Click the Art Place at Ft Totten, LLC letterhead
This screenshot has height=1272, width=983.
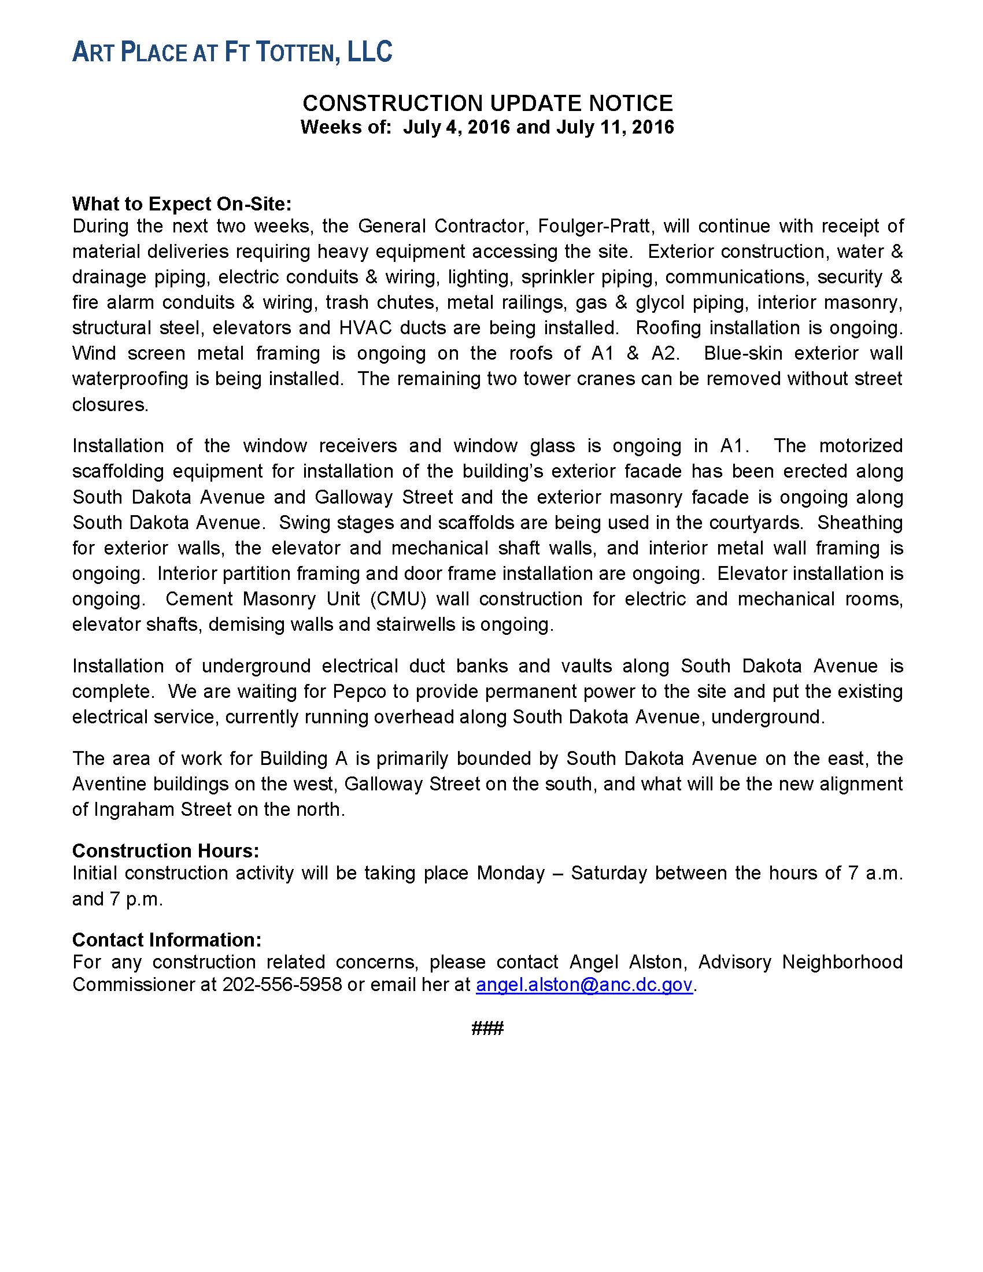[x=232, y=53]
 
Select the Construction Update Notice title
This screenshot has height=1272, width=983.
[x=487, y=103]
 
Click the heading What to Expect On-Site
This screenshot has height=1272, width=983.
[x=181, y=204]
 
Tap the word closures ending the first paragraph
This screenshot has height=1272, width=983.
[x=109, y=405]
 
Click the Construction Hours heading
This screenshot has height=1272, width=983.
[x=165, y=851]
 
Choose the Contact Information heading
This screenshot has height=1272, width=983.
[x=167, y=940]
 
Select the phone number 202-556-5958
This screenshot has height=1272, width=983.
[x=282, y=985]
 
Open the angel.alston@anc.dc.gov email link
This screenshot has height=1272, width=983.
[x=583, y=985]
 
